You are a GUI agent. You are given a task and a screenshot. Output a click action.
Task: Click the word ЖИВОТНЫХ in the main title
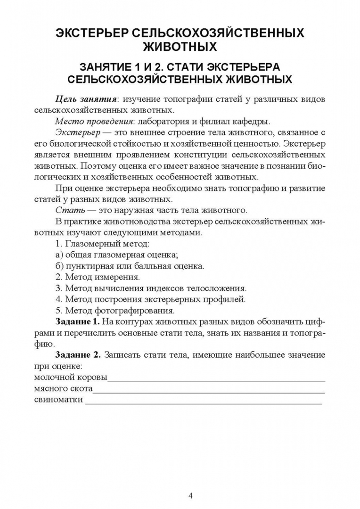pyautogui.click(x=180, y=47)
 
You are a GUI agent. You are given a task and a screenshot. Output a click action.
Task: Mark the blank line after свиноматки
pyautogui.click(x=203, y=401)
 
